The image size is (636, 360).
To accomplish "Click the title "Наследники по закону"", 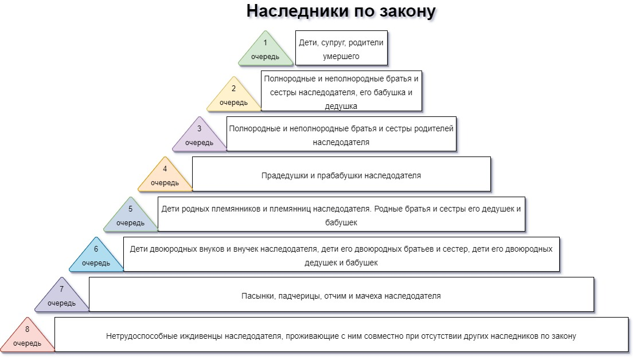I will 341,11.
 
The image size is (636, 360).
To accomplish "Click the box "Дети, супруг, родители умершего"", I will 341,49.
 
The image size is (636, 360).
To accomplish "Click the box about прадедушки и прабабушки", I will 341,174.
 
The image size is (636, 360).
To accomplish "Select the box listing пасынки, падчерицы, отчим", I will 341,295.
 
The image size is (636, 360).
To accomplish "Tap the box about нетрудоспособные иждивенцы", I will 341,335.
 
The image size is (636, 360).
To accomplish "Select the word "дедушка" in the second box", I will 341,106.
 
